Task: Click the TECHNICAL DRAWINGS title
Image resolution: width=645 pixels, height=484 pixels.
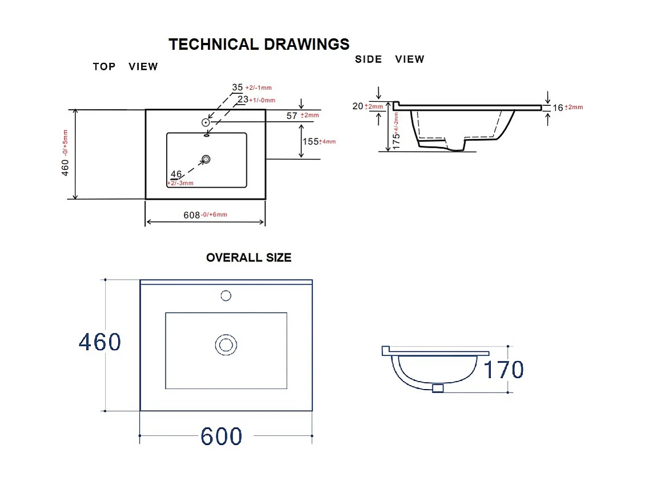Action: point(259,44)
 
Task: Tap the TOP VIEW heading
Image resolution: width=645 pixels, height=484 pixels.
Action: point(125,67)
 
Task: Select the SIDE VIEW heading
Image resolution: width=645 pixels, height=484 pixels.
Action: point(389,59)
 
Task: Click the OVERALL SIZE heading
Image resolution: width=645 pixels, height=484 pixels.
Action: point(249,257)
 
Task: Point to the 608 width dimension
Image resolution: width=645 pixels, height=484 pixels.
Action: point(192,215)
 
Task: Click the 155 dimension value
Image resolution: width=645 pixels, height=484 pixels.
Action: point(311,141)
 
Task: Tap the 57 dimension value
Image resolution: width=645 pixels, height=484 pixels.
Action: point(291,116)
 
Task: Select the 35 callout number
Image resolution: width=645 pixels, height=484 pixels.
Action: point(237,88)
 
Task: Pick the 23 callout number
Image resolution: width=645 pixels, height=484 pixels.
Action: point(243,100)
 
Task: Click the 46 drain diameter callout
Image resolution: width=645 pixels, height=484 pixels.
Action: point(176,174)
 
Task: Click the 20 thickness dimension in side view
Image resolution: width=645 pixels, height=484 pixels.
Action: point(358,106)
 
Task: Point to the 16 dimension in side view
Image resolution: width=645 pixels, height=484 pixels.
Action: point(558,108)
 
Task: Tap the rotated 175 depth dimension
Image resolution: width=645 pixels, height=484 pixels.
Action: point(396,141)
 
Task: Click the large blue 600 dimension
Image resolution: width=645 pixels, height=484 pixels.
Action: point(221,436)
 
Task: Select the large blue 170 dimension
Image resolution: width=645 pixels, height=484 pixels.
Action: point(503,370)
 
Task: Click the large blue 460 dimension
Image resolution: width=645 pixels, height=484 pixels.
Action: point(100,342)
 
